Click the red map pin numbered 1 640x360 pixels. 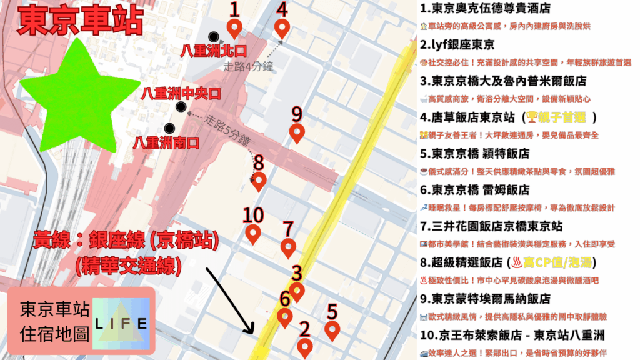[234, 27]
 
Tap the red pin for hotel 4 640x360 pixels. [282, 28]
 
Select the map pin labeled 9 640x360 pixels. [297, 132]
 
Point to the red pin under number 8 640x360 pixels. [259, 181]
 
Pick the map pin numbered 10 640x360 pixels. [253, 234]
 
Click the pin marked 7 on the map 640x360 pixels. [287, 247]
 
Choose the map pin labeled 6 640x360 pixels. [285, 317]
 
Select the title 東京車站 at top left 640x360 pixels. [81, 22]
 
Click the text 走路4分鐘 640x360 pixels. [249, 66]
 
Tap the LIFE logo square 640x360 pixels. [121, 324]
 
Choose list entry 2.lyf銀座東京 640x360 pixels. [457, 44]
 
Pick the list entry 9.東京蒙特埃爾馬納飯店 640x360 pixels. [486, 298]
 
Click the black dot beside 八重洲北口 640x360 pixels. [214, 36]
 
